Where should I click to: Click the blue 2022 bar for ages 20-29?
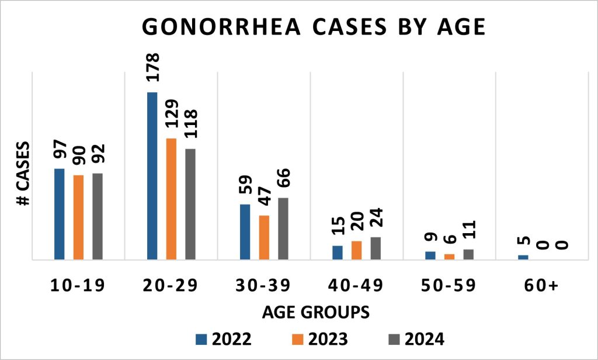(x=152, y=175)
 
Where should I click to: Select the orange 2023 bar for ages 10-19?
(x=78, y=217)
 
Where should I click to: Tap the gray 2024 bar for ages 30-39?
(x=283, y=229)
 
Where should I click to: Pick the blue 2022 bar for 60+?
(x=523, y=257)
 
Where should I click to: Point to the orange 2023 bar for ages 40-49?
(x=357, y=250)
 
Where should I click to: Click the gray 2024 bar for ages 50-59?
(x=468, y=254)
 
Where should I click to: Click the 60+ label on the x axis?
(x=541, y=286)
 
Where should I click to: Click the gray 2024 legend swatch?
(x=395, y=339)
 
